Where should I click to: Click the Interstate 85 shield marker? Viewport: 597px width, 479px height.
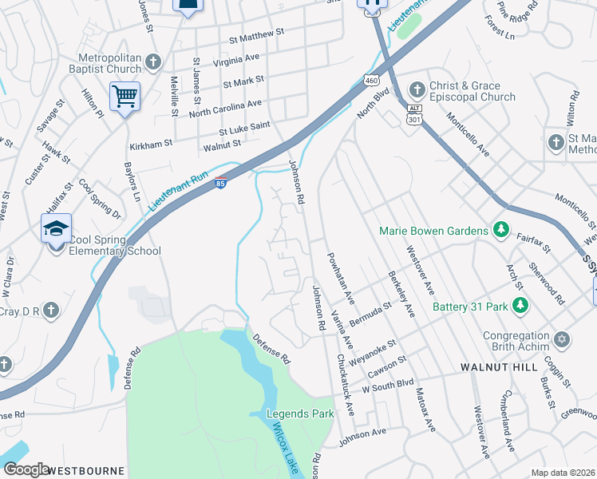(x=221, y=183)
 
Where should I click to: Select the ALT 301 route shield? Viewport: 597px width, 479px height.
(x=413, y=114)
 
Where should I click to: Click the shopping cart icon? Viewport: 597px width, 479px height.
(x=125, y=97)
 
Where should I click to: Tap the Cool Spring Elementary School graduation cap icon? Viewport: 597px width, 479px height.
(x=57, y=229)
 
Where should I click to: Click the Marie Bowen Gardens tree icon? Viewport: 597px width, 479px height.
(x=500, y=231)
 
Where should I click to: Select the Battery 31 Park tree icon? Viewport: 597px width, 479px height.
(x=520, y=306)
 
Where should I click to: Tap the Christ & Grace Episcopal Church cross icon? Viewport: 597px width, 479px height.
(x=416, y=87)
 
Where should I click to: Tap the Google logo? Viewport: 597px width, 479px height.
(x=26, y=469)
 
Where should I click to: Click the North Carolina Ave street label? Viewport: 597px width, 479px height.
(x=225, y=109)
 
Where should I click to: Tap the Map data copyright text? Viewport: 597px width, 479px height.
(x=562, y=473)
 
